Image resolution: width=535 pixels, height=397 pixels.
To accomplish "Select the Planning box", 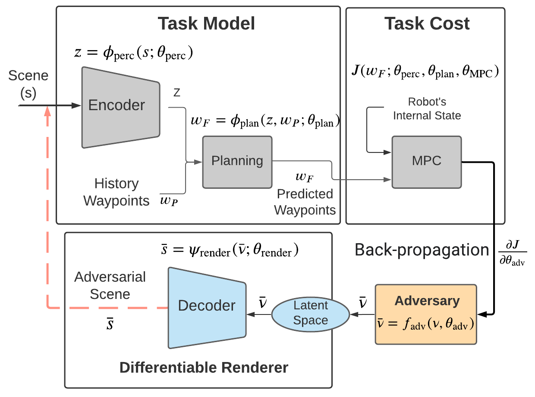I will tap(237, 161).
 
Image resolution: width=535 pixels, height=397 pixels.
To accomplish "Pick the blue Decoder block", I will tap(207, 307).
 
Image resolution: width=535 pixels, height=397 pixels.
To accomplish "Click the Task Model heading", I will tap(206, 24).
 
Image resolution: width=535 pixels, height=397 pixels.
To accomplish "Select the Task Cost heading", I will tap(427, 24).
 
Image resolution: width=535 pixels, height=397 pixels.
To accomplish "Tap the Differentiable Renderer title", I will tap(204, 368).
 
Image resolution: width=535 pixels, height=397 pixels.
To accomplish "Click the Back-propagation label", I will tap(422, 250).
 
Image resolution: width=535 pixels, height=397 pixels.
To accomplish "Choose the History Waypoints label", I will tap(116, 192).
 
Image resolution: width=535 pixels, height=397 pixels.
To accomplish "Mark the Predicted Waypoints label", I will tap(305, 202).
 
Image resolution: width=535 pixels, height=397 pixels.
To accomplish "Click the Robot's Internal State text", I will tap(427, 109).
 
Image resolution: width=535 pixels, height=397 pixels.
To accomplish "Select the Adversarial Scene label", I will tap(110, 286).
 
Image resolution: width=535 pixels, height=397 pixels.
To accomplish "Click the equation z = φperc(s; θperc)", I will tap(133, 53).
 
